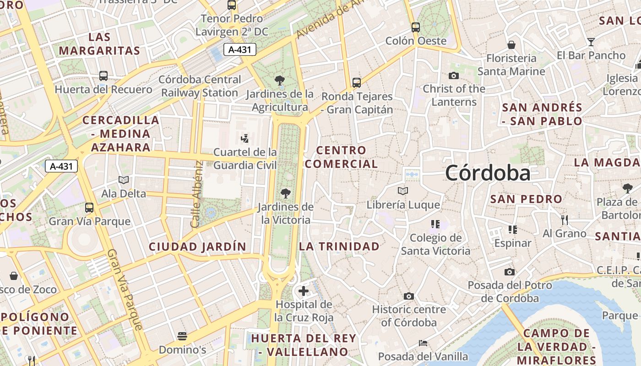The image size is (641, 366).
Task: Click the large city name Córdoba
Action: pos(488,173)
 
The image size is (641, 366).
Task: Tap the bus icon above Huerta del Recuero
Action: pos(103,76)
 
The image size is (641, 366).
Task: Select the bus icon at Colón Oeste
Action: pos(416,27)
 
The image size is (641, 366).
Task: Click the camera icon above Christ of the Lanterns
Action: pos(454,75)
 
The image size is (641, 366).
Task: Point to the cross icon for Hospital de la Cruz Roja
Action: pos(303,291)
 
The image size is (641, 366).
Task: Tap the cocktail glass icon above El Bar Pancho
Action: pos(591,42)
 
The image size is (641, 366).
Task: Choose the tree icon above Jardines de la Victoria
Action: pos(286,193)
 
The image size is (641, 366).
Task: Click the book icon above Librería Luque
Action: pos(403,191)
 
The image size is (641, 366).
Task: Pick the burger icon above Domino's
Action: pos(182,336)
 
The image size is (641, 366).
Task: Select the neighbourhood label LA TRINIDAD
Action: pos(339,246)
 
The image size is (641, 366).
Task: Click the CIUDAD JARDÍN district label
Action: pos(197,247)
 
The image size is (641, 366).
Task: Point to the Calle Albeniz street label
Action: pos(196,194)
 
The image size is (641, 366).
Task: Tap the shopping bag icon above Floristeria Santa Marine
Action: pos(511,45)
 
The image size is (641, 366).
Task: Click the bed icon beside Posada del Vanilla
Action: pos(423,343)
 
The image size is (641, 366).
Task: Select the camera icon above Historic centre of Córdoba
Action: pos(409,296)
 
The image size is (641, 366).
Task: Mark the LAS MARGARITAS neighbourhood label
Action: pos(99,44)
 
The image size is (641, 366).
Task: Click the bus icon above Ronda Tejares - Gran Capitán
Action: pos(357,83)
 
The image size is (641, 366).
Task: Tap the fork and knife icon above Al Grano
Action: pos(565,220)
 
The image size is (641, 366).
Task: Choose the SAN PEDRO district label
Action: pos(526,199)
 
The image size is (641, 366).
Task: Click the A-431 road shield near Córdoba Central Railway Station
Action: pos(240,49)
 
